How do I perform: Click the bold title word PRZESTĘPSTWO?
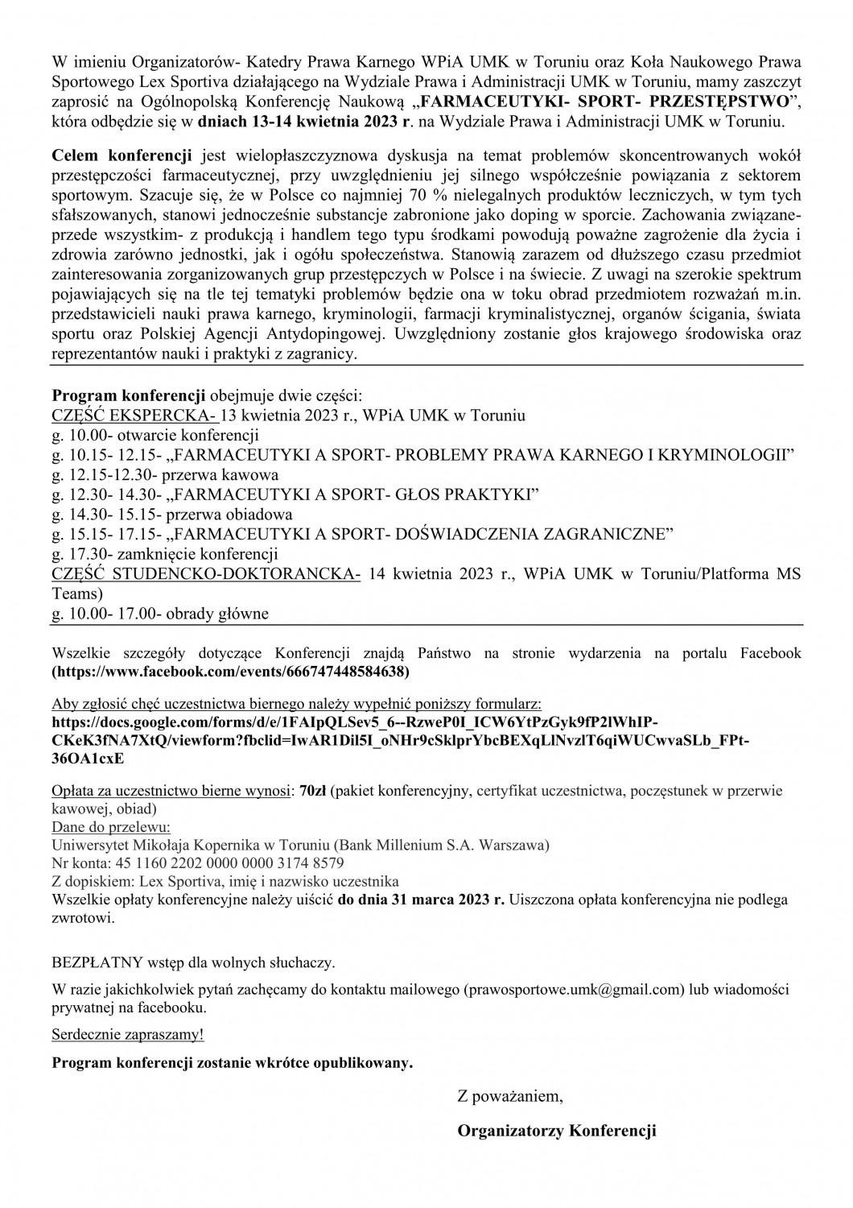(710, 104)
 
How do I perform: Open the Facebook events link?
(230, 670)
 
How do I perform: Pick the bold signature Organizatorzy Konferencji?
(556, 1131)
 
